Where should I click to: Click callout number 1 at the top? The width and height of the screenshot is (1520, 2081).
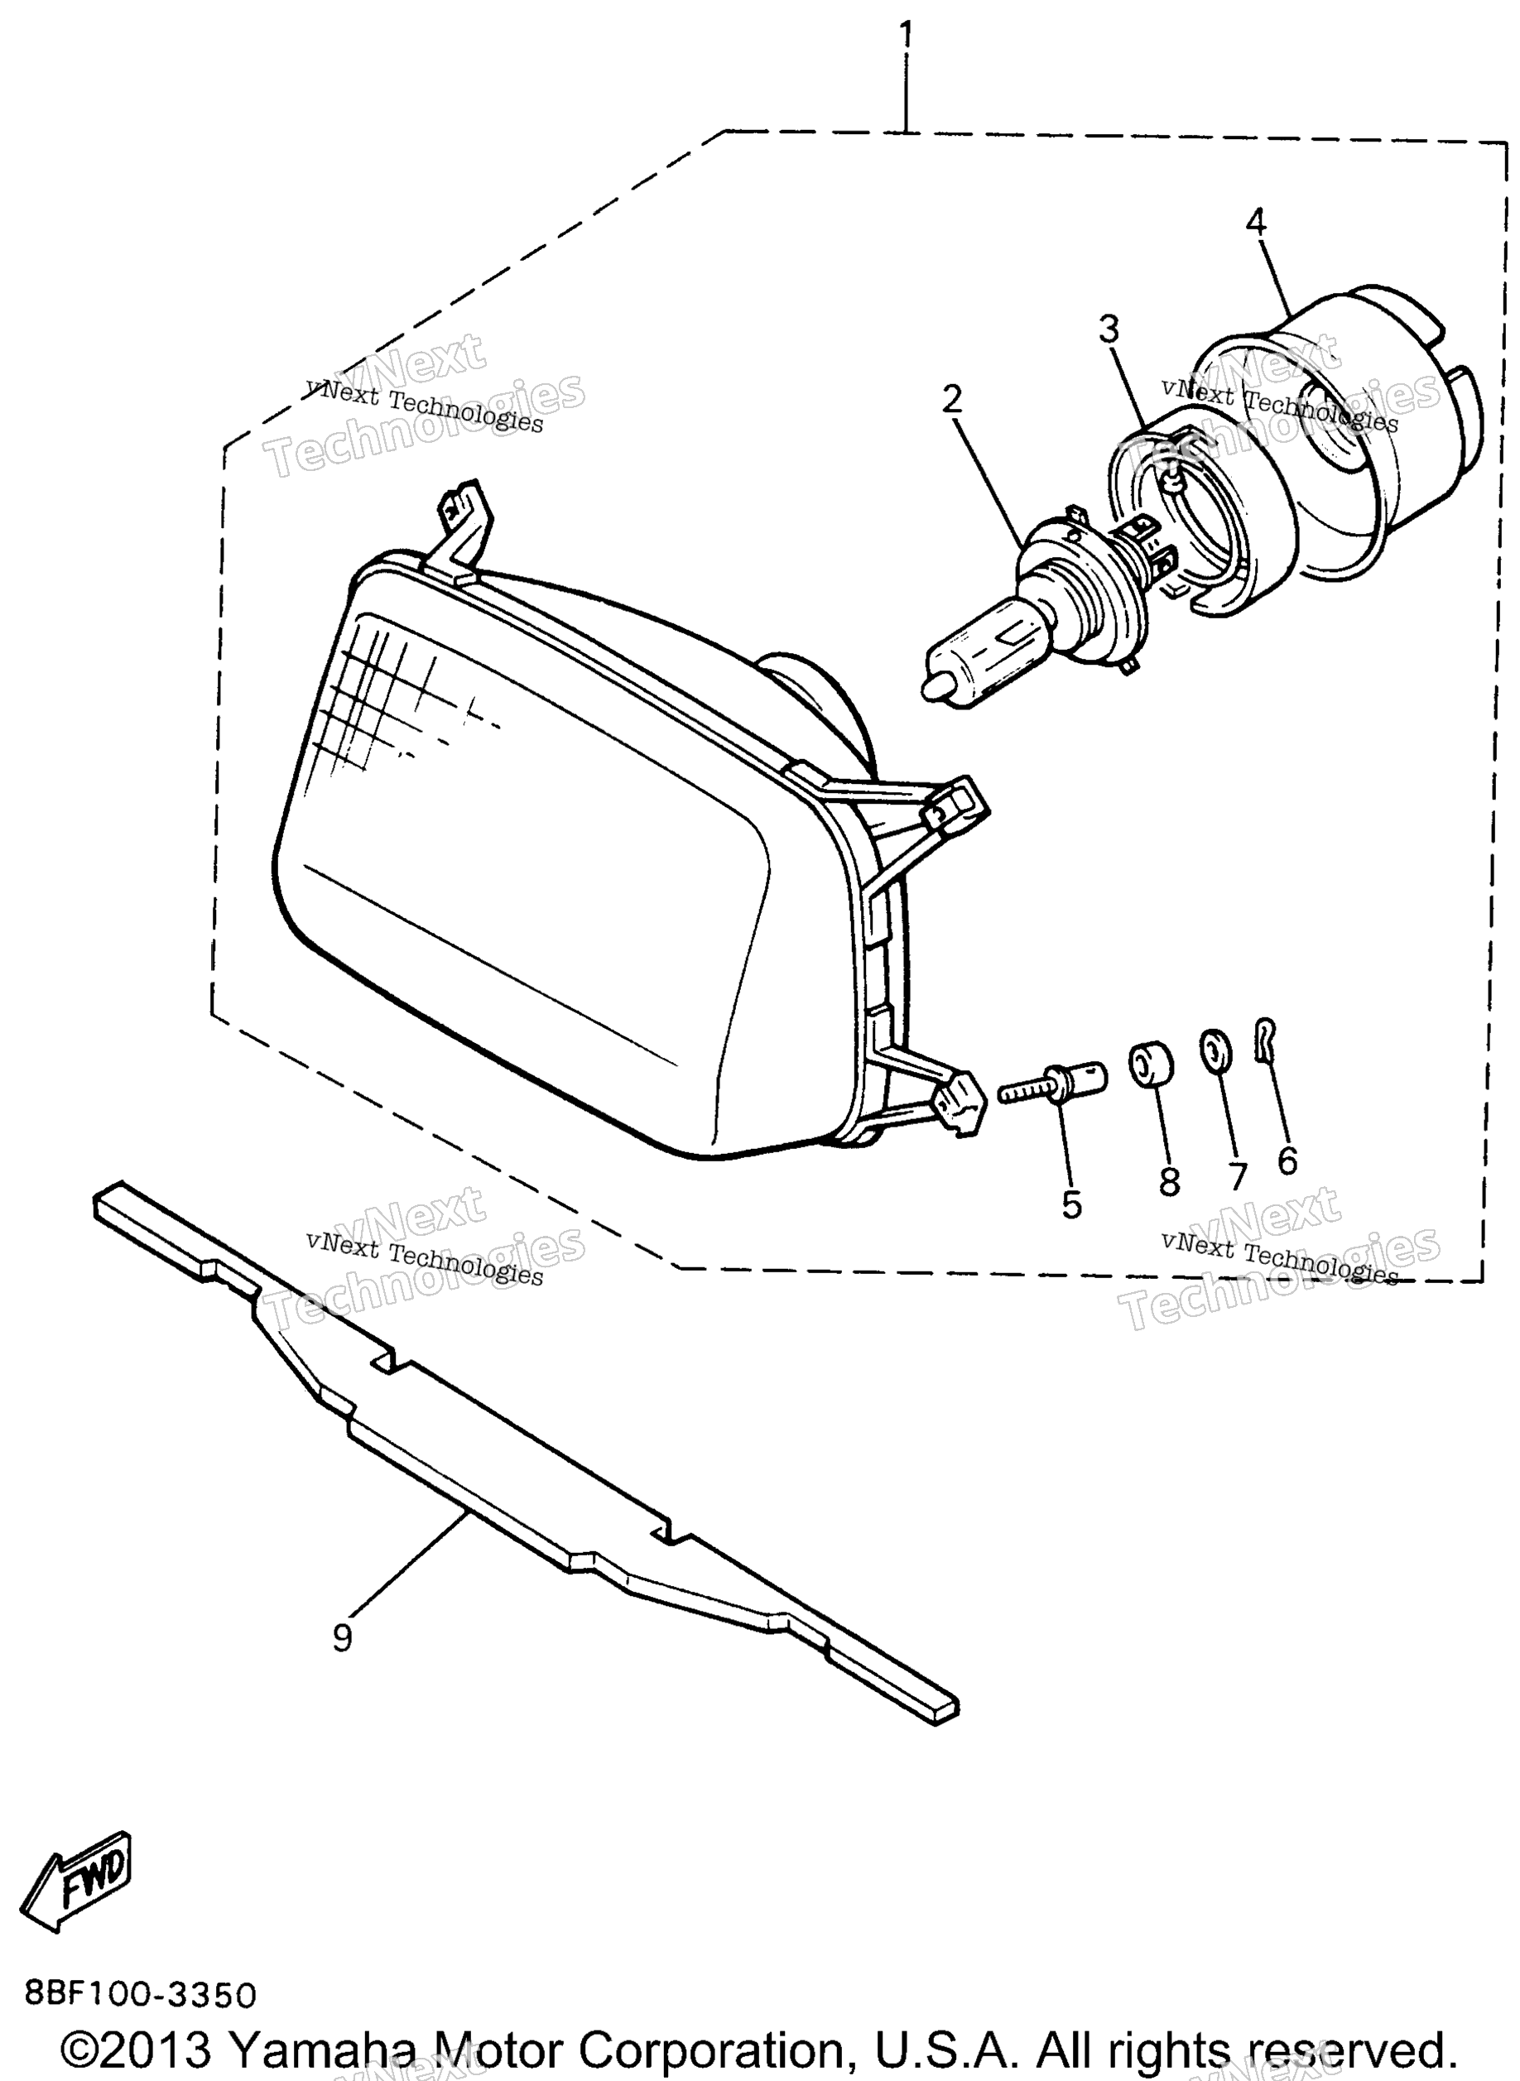tap(907, 36)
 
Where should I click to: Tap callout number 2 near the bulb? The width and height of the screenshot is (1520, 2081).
tap(952, 398)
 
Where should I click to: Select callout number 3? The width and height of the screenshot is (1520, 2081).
tap(1109, 329)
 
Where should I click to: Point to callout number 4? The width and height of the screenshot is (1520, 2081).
tap(1255, 221)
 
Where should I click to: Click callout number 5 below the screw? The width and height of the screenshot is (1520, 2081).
tap(1072, 1204)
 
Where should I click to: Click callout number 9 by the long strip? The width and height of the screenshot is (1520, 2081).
tap(341, 1636)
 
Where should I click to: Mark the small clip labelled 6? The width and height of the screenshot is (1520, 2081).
tap(1266, 1040)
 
